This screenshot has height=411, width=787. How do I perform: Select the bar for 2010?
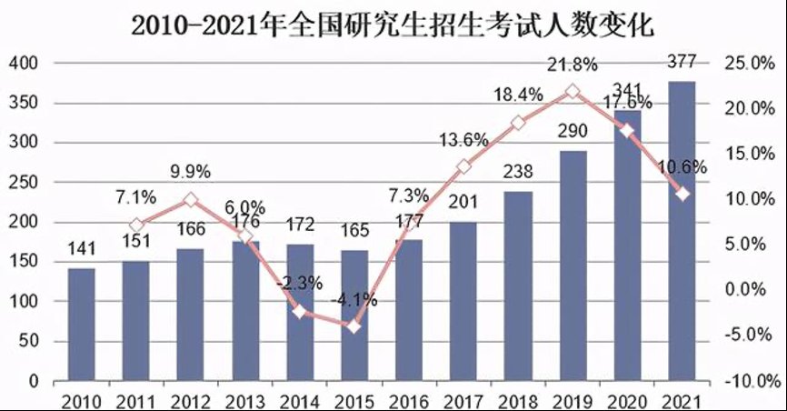click(x=81, y=325)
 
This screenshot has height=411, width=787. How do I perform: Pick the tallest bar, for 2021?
click(x=682, y=231)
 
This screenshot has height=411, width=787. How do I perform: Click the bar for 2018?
click(x=518, y=286)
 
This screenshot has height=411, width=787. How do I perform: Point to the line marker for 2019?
click(x=573, y=92)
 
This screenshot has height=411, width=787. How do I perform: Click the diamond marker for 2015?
click(x=354, y=326)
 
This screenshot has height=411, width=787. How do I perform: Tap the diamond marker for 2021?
click(x=682, y=194)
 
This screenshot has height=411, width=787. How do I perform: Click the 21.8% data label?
click(x=572, y=65)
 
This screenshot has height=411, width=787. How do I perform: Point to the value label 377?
click(x=682, y=62)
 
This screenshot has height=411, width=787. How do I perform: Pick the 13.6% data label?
click(x=464, y=140)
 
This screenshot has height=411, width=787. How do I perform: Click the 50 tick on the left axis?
click(x=26, y=342)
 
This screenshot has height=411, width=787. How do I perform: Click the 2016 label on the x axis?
click(x=409, y=399)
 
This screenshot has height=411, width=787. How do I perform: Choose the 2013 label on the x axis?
click(x=245, y=399)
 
